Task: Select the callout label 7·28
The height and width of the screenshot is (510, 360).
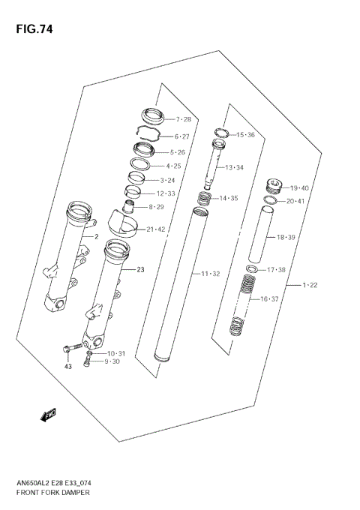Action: [x=184, y=120]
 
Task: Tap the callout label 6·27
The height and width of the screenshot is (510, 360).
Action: [x=183, y=137]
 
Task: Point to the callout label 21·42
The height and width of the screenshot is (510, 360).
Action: [x=158, y=229]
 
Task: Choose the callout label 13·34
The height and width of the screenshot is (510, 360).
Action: [x=235, y=167]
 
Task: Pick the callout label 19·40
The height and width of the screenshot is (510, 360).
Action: [x=299, y=187]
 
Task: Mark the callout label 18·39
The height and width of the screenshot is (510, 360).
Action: [x=287, y=237]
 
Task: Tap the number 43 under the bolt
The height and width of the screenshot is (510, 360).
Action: [x=67, y=366]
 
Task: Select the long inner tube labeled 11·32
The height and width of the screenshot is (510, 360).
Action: [x=177, y=285]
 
